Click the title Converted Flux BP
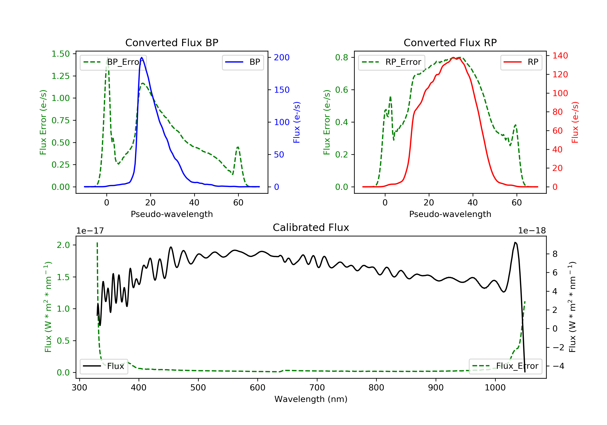pos(172,42)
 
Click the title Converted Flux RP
pos(450,42)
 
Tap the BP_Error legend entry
pos(113,62)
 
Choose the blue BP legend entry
pos(243,62)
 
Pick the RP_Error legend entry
pos(392,62)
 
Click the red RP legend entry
pos(521,62)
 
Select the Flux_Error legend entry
pos(505,366)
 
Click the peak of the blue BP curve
pos(142,57)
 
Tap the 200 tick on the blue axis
pos(282,57)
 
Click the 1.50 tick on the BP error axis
pos(60,54)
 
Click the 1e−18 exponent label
pos(532,231)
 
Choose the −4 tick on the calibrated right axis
pos(558,366)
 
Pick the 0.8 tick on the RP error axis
pos(341,57)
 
